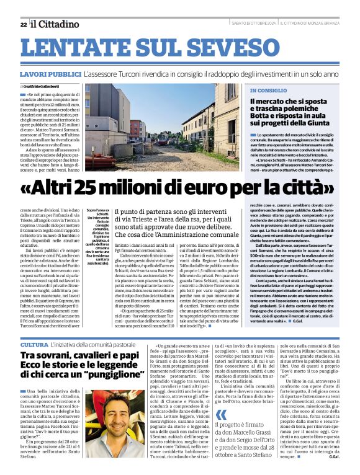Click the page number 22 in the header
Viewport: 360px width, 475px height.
[x=23, y=24]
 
